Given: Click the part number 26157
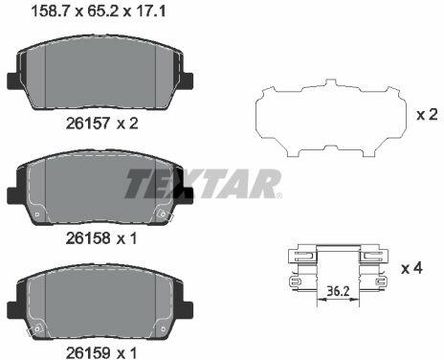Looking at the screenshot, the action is pos(88,124).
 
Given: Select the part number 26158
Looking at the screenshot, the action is pos(88,238).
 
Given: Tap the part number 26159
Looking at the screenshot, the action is pos(88,352).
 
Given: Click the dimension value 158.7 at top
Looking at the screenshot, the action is pos(51,11).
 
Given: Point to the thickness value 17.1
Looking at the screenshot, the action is pos(149,11).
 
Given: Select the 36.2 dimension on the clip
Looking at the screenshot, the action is pos(338,291).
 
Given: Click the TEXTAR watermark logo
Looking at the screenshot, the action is pos(203,184).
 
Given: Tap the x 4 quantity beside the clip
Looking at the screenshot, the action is pos(411,268).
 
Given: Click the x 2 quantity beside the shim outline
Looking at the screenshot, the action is pos(427,115).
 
